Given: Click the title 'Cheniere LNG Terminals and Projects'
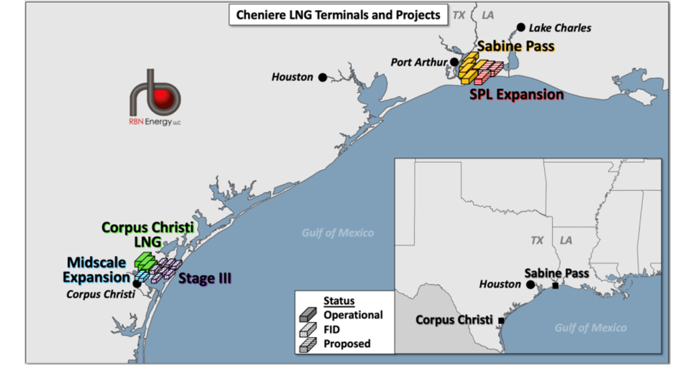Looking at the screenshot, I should (338, 15).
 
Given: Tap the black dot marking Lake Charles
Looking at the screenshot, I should (521, 27).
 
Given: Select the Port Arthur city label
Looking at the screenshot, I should (420, 62).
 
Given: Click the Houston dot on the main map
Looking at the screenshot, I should (322, 77).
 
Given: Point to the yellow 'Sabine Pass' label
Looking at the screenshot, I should (516, 46).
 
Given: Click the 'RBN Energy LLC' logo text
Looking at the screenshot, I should (155, 121).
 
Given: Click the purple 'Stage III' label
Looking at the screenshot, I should (204, 279).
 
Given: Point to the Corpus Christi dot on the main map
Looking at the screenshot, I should (137, 284).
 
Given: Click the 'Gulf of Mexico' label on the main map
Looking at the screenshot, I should (338, 233).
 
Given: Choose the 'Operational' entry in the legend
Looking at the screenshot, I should (353, 315).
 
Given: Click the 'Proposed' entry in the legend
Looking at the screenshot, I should (347, 344).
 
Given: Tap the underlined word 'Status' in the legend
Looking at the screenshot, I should (339, 302).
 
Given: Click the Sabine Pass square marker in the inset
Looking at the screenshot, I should (555, 286).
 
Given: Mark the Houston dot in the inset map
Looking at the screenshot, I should (530, 284).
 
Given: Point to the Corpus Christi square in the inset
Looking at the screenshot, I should (501, 320).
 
